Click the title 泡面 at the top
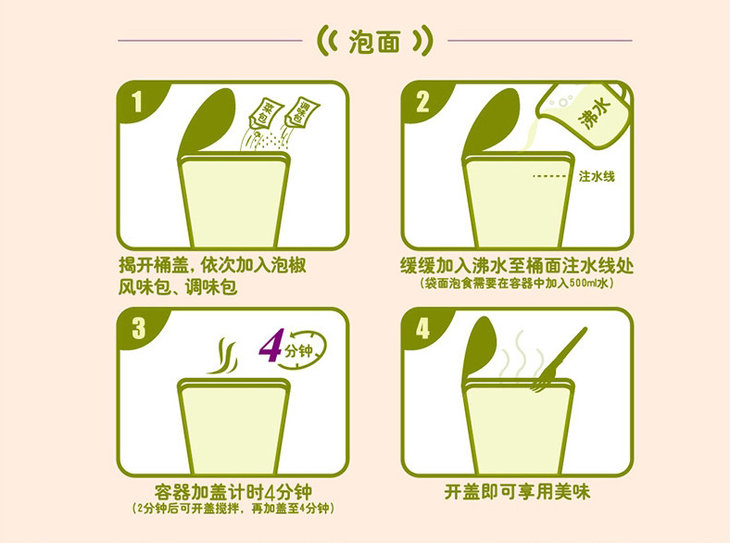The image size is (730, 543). pos(375,42)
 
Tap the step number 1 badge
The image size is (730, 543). pos(137,102)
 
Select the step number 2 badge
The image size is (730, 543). pos(422,102)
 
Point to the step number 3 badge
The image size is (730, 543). pos(138,328)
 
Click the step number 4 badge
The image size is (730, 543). pos(422,328)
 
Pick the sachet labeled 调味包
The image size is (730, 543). pos(302,112)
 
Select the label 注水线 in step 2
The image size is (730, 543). pos(597,176)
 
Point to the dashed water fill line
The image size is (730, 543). pos(549,176)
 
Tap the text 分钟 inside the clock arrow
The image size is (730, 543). pos(298,350)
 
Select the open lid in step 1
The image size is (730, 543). pos(208,122)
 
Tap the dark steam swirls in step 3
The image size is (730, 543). pos(222,356)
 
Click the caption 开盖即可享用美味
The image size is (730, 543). pos(517,492)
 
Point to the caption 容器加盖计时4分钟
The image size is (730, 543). pos(233,492)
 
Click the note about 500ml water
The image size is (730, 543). pos(517,283)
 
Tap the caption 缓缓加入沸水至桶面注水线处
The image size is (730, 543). pos(517,265)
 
